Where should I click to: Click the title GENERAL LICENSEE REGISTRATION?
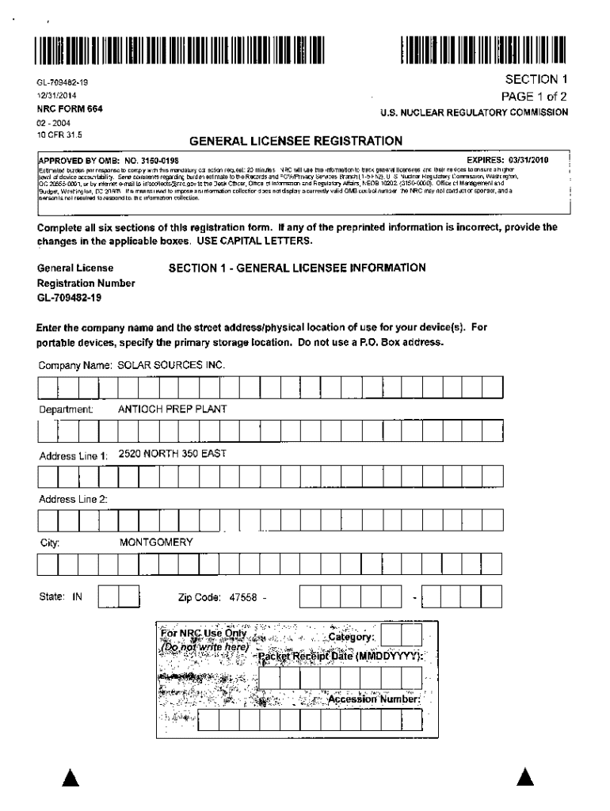click(x=295, y=141)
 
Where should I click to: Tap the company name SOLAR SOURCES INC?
click(x=172, y=366)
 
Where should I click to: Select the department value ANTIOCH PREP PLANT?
click(x=172, y=409)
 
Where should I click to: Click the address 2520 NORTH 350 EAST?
click(x=172, y=454)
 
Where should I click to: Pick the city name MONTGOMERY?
click(x=156, y=543)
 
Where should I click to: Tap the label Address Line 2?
click(x=74, y=499)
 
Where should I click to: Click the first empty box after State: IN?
click(x=109, y=596)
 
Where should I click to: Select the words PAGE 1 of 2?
click(x=534, y=97)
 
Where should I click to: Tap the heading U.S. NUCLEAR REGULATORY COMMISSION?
click(x=474, y=112)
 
